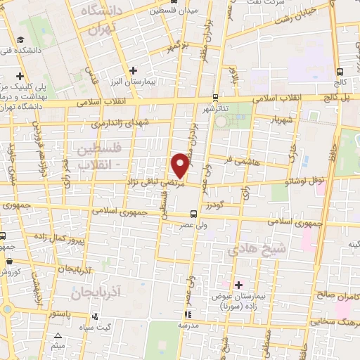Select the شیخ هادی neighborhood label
[x=247, y=250]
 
